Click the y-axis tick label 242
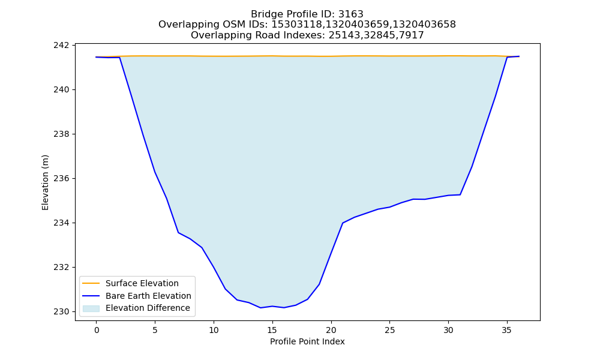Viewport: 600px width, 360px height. tap(62, 45)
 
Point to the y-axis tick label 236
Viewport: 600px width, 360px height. tap(62, 178)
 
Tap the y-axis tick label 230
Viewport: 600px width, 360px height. tap(62, 311)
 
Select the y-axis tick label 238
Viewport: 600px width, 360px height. tap(62, 134)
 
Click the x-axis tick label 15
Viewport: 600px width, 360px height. tap(272, 330)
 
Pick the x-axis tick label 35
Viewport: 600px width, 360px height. tap(507, 330)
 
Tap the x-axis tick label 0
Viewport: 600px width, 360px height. tap(97, 330)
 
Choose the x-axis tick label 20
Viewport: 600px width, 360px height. tap(331, 330)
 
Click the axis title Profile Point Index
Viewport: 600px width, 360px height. tap(307, 341)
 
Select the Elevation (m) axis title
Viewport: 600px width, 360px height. tap(45, 182)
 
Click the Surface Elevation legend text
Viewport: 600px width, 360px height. tap(142, 283)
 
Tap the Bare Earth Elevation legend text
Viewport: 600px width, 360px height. tap(148, 296)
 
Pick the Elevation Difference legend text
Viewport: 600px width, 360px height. tap(148, 308)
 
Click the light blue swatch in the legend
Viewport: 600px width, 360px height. tap(91, 308)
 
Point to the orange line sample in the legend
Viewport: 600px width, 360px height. tap(91, 283)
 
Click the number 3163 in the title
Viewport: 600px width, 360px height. tap(350, 14)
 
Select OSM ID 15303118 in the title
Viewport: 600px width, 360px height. tap(296, 25)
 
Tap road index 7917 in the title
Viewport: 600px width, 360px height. tap(412, 35)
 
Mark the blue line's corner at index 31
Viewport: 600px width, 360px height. tap(460, 195)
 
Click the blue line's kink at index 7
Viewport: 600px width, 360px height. tap(178, 233)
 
